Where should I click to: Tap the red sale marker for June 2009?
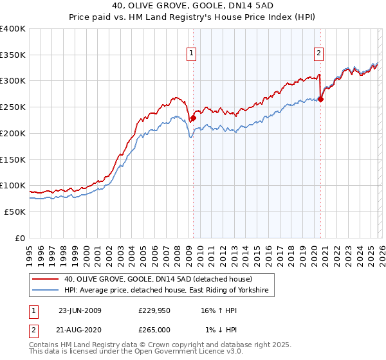tap(193, 118)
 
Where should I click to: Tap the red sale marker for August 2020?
tap(320, 99)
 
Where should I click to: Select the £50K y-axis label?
tap(14, 212)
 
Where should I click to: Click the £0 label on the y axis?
tap(19, 238)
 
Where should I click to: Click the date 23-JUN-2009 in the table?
tap(80, 310)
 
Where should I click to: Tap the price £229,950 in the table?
tap(154, 310)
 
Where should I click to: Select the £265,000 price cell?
tap(154, 330)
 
